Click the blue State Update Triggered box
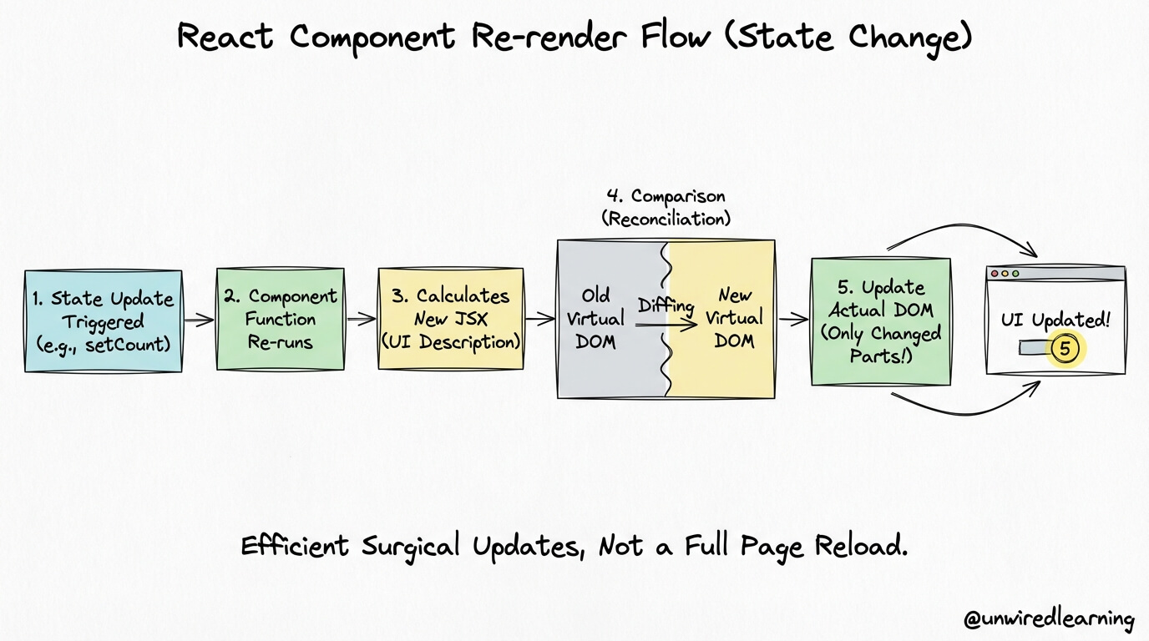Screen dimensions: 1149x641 point(103,321)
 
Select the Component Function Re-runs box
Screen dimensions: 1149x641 point(281,319)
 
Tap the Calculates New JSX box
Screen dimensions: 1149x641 point(451,319)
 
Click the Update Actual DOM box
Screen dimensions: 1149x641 point(881,321)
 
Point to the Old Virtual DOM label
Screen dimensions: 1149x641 point(595,319)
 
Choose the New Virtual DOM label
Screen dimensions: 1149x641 point(734,318)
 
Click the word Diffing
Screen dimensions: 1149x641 point(666,305)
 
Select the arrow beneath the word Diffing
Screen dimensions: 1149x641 point(666,324)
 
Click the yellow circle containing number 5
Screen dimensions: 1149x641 point(1065,349)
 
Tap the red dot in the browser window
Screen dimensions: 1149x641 point(994,273)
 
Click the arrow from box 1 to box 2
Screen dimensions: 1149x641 point(199,320)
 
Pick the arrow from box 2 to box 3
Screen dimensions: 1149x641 point(362,319)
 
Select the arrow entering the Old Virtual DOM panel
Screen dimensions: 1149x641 point(540,319)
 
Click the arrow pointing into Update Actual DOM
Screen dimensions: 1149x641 point(793,320)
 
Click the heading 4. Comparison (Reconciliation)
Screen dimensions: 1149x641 point(666,207)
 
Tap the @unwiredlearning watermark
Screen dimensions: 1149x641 point(1049,618)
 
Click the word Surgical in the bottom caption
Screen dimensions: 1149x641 point(411,547)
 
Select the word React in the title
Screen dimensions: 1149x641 point(225,37)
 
